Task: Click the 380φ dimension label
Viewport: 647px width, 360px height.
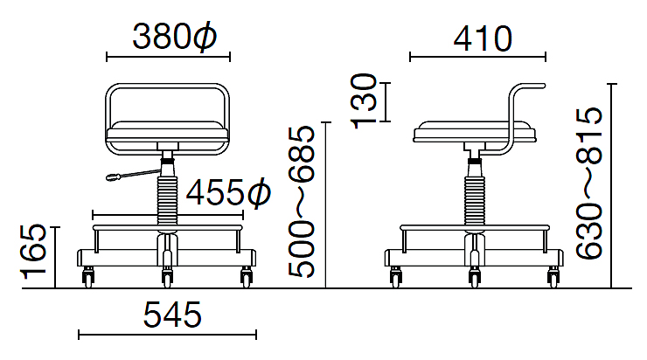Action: (174, 37)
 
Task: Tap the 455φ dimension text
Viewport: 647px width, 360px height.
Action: (228, 192)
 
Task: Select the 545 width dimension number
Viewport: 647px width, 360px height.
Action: (172, 315)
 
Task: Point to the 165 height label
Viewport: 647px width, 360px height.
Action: (34, 252)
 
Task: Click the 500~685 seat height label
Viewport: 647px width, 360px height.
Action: (302, 202)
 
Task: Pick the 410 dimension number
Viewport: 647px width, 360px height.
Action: (483, 38)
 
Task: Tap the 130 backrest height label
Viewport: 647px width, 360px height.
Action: (364, 101)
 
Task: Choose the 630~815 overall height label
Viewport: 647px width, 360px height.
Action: (588, 183)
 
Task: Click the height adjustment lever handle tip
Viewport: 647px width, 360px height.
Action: (111, 178)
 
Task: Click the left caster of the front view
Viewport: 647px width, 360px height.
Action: (88, 276)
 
